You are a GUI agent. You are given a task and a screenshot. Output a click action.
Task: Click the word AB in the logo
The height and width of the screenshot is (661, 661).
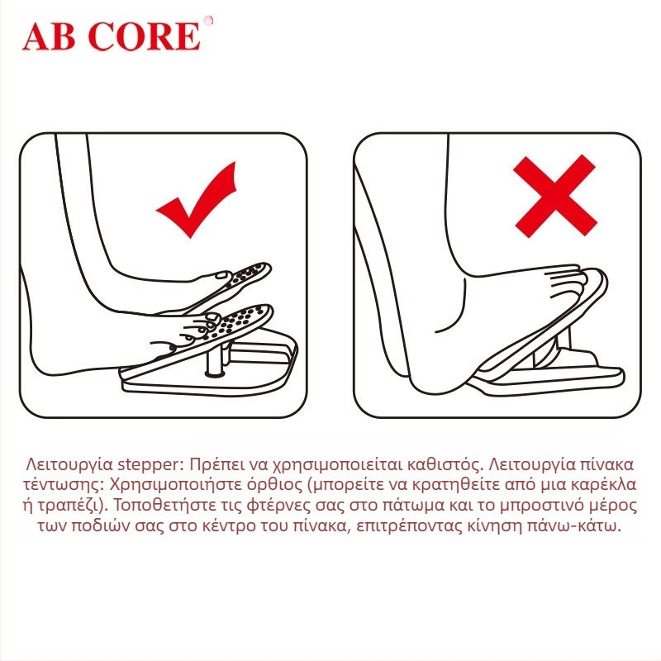tap(50, 36)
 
